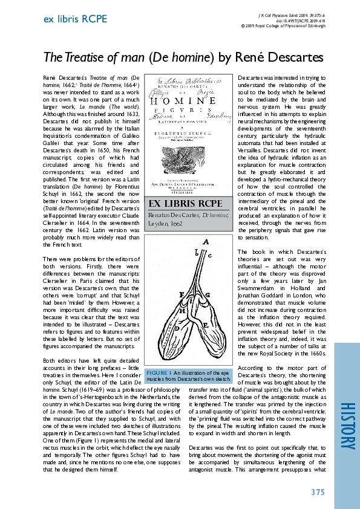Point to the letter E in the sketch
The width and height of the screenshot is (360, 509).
click(x=205, y=325)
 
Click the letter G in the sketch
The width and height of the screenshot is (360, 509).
click(x=206, y=294)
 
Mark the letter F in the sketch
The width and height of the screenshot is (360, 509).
click(x=182, y=294)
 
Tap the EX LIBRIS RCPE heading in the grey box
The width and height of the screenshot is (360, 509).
click(x=185, y=203)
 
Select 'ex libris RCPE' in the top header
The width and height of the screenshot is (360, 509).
click(x=76, y=19)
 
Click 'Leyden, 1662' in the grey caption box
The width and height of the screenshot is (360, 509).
click(x=165, y=224)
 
